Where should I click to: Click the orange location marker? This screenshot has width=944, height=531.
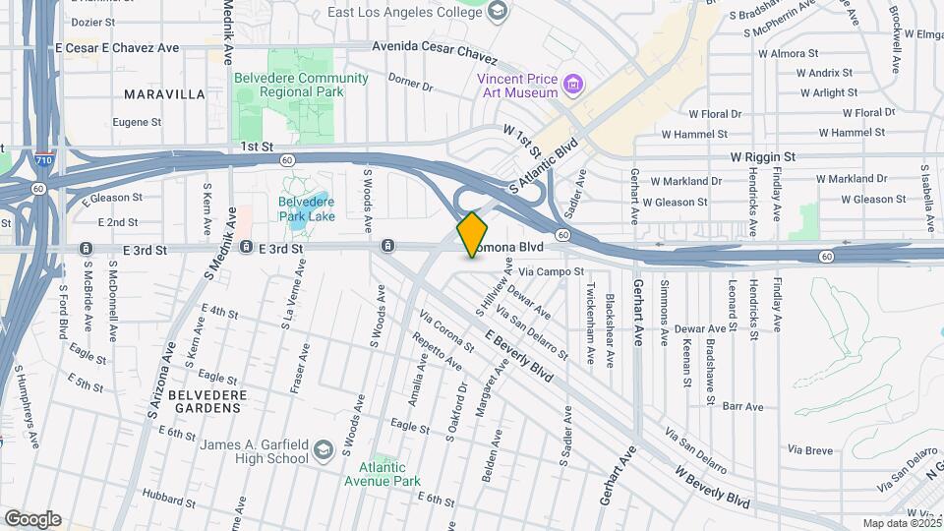coord(473,234)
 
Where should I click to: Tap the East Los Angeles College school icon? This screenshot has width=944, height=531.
coord(498,11)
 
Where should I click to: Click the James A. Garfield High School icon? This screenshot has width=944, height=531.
coord(323,451)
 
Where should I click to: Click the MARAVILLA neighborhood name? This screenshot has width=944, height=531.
coord(165,94)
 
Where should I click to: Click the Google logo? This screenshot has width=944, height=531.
coord(32,518)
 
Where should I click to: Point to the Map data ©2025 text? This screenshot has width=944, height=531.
coord(902,523)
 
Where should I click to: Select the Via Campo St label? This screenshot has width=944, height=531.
coord(552,270)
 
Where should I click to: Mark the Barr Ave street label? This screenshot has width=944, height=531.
coord(742,406)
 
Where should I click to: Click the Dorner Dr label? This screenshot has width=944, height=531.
coord(410,81)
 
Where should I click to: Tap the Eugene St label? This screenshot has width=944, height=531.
coord(137,123)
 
